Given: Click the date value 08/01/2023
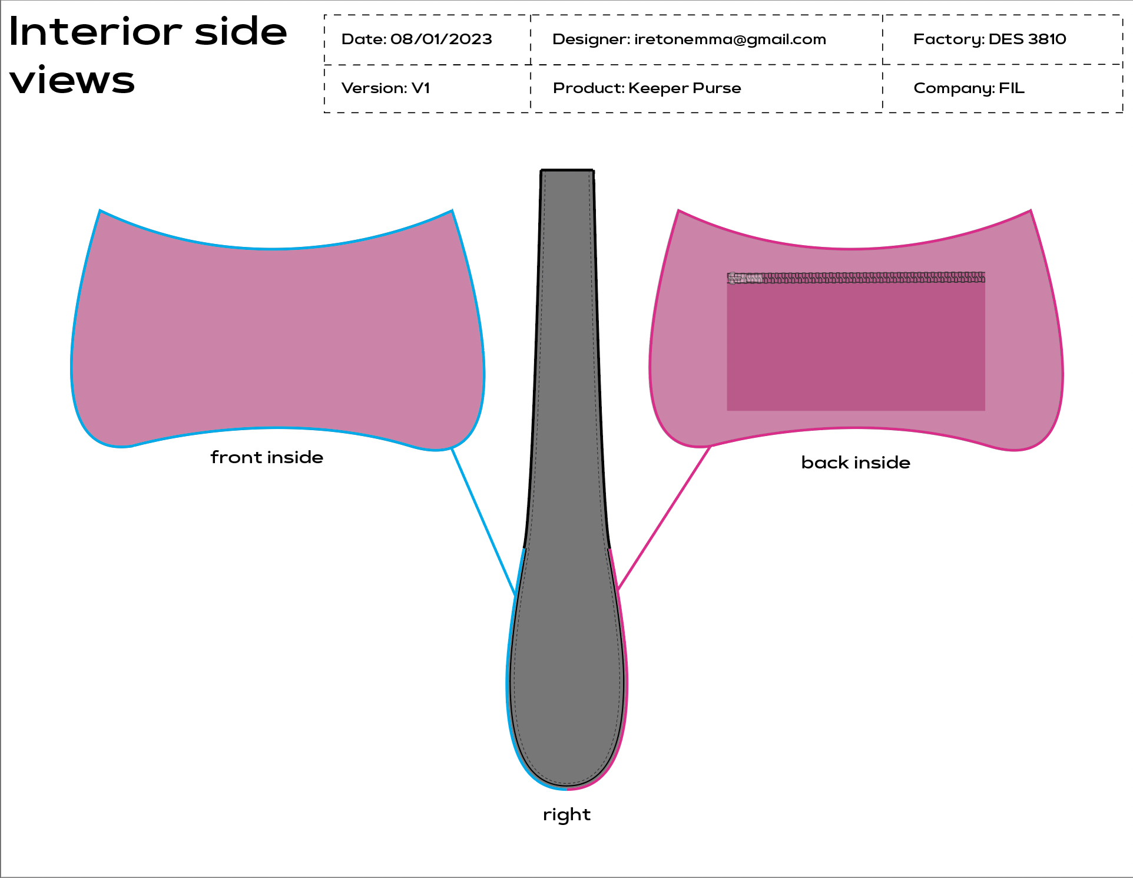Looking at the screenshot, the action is point(441,39).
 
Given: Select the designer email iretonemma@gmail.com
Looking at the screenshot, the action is point(730,39).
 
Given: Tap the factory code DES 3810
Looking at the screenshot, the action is point(1027,39).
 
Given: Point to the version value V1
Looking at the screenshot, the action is point(420,88).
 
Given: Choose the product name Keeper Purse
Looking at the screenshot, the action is point(684,88).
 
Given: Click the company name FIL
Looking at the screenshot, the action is point(1012,88).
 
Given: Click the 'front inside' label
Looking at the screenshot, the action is point(267,458).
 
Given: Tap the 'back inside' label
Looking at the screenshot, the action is point(856,463).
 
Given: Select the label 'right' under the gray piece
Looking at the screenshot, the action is point(566,815).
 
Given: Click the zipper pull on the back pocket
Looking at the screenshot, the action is point(743,278).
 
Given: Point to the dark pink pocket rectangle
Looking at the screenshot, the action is point(856,348).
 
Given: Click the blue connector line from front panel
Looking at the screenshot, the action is point(483,521).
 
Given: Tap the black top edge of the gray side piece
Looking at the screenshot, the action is point(567,171).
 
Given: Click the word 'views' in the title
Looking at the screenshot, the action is point(72,81).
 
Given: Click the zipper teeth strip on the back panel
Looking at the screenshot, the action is point(872,277).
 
